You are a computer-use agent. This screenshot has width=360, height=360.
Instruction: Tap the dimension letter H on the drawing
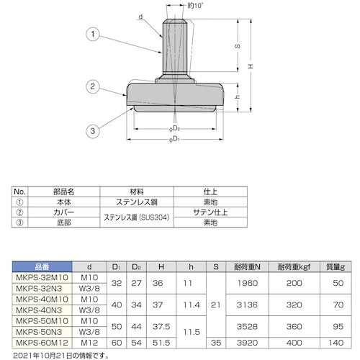pyautogui.click(x=250, y=66)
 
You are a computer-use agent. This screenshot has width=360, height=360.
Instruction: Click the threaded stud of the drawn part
pyautogui.click(x=176, y=47)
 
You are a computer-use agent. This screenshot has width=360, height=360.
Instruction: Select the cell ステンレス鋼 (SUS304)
pyautogui.click(x=138, y=214)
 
